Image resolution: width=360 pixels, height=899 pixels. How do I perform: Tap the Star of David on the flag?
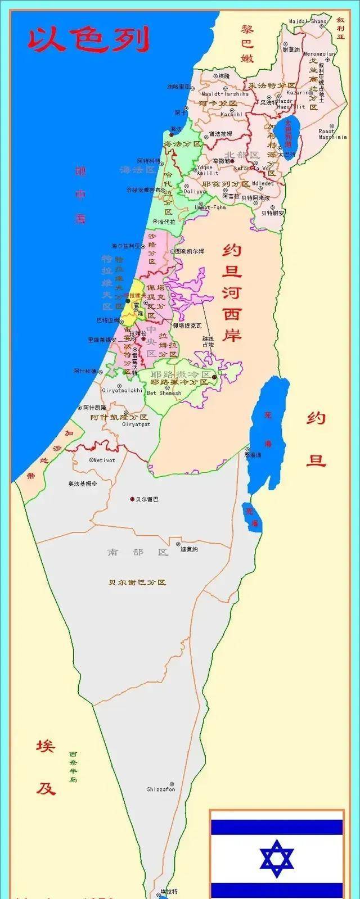coord(277,859)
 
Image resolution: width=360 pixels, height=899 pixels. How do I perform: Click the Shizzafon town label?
coord(161,789)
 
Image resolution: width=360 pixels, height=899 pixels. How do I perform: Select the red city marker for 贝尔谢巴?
coord(132,499)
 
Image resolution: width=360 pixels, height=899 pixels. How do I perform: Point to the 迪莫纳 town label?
coord(188,549)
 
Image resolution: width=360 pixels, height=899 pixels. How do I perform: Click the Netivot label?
coord(104,460)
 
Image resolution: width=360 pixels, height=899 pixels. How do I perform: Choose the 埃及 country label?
coord(46,767)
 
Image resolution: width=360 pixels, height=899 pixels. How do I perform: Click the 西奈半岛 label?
coord(73,767)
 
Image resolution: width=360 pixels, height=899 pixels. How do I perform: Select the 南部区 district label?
coord(138,552)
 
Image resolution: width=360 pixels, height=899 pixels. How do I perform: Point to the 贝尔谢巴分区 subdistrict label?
coord(138,582)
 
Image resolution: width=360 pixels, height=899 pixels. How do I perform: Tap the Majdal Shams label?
coord(308,21)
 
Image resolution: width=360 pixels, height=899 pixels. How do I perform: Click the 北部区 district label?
coord(242,155)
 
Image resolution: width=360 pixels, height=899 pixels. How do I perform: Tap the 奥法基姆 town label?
coord(80,484)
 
